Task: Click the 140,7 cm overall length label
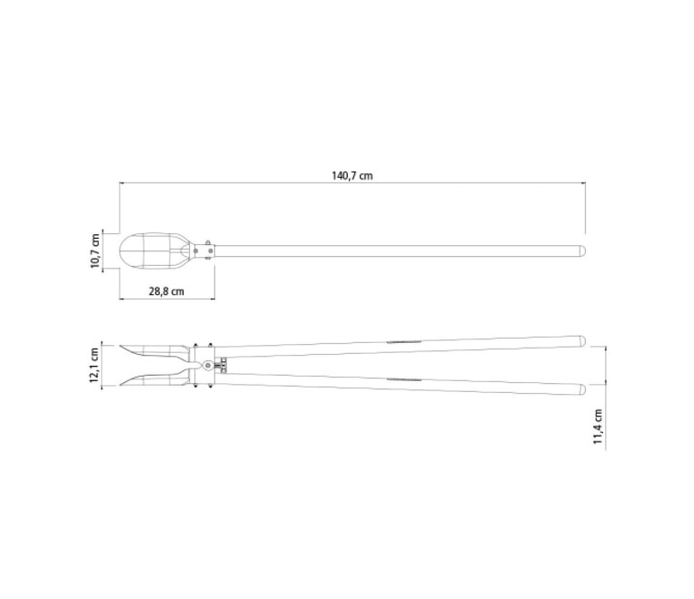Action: pyautogui.click(x=352, y=175)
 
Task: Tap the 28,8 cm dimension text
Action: pyautogui.click(x=166, y=291)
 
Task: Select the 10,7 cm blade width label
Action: pyautogui.click(x=95, y=251)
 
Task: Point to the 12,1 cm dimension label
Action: pyautogui.click(x=95, y=365)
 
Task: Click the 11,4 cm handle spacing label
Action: pyautogui.click(x=599, y=427)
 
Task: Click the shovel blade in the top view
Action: pyautogui.click(x=153, y=250)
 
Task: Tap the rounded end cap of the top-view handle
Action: pyautogui.click(x=583, y=250)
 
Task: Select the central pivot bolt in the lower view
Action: pyautogui.click(x=208, y=365)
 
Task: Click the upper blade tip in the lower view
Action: pyautogui.click(x=120, y=346)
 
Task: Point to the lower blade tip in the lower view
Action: pyautogui.click(x=120, y=385)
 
